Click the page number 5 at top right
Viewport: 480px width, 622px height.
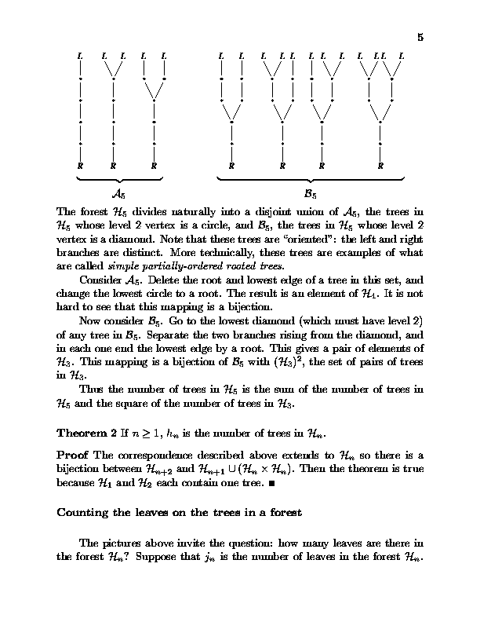[x=420, y=37]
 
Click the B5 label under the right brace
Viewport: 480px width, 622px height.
[x=310, y=192]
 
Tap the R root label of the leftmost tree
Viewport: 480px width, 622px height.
[x=81, y=166]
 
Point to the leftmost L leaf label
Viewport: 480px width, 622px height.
[x=81, y=56]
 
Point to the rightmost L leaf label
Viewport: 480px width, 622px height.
[x=402, y=56]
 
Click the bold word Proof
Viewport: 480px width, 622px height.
[x=74, y=455]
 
